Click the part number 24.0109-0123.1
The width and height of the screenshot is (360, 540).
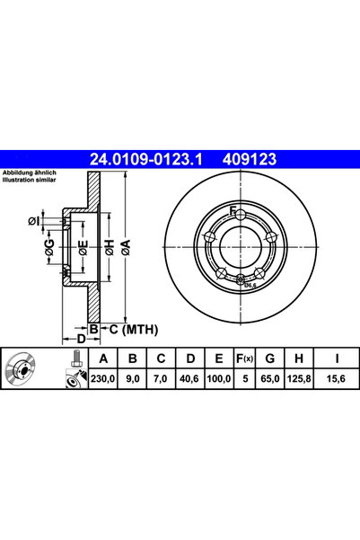(x=146, y=159)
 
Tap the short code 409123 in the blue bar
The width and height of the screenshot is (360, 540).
(x=250, y=159)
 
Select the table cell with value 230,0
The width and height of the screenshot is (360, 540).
(x=103, y=379)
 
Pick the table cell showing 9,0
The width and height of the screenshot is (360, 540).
(x=133, y=379)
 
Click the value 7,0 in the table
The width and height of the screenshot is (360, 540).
(x=161, y=379)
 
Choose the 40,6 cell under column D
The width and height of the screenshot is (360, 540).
(x=189, y=379)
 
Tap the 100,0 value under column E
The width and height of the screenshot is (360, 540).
(x=218, y=379)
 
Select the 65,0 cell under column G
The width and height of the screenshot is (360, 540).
(x=270, y=379)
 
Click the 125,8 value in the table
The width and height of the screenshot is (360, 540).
(x=299, y=379)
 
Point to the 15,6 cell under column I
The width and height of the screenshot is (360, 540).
(x=336, y=379)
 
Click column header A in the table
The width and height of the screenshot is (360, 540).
(x=103, y=359)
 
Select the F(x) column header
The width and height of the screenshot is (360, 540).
(x=244, y=359)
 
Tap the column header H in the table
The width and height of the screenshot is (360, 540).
(x=299, y=359)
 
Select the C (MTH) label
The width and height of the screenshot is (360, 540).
(x=134, y=330)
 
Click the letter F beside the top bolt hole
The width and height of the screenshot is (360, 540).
(x=233, y=209)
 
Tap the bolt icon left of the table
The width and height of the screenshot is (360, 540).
(x=75, y=359)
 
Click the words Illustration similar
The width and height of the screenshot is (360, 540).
(x=30, y=180)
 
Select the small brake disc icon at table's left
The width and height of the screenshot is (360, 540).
(x=21, y=369)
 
